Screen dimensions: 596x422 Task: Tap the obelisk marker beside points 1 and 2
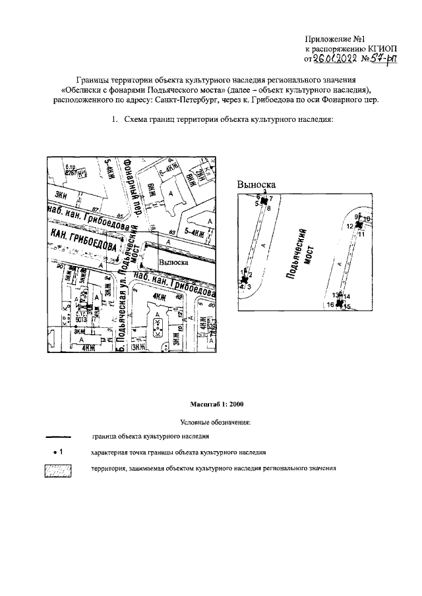tap(244, 281)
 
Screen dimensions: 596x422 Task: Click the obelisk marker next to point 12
tap(359, 225)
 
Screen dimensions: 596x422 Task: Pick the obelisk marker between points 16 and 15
tap(339, 304)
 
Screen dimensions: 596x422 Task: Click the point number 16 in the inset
tap(330, 305)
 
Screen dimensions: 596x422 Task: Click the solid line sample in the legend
tap(57, 437)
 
